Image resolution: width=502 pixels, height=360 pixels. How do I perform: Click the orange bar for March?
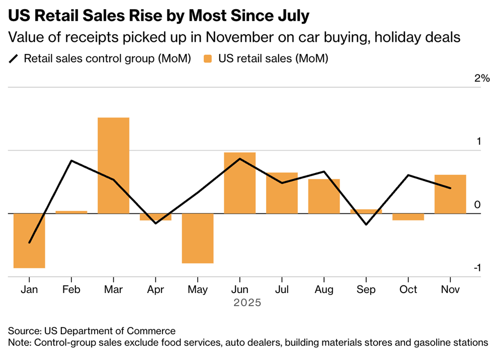(x=113, y=165)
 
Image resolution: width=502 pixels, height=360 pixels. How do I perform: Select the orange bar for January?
(x=29, y=241)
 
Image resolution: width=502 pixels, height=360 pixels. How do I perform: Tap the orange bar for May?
(x=198, y=238)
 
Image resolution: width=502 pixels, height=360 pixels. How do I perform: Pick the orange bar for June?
(x=239, y=183)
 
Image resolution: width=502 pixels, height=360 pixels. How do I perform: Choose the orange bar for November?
(x=450, y=194)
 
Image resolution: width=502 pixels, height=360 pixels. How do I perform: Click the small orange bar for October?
(x=408, y=217)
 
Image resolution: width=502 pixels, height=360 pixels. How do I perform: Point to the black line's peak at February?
(x=71, y=161)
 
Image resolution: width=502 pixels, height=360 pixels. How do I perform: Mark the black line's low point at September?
(x=366, y=224)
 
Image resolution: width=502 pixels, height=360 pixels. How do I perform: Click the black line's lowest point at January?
(x=29, y=243)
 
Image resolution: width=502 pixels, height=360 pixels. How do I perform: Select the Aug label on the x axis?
(x=324, y=290)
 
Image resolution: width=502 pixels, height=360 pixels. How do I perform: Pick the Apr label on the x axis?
(x=155, y=290)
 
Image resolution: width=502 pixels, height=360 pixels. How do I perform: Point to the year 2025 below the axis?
(x=247, y=303)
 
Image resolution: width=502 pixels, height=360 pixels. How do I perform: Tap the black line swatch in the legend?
(x=14, y=59)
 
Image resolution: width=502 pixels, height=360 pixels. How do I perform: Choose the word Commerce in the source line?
(x=156, y=331)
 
